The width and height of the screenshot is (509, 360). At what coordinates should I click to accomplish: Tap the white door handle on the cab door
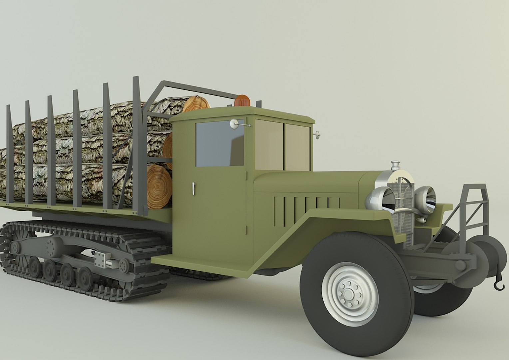[x=193, y=189]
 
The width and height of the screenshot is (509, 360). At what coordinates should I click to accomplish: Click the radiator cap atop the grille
[x=395, y=165]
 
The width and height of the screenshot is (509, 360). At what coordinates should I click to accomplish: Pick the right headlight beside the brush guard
[x=425, y=198]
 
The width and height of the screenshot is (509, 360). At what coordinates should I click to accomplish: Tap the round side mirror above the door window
[x=234, y=124]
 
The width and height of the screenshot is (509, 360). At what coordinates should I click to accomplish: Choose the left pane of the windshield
[x=269, y=145]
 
